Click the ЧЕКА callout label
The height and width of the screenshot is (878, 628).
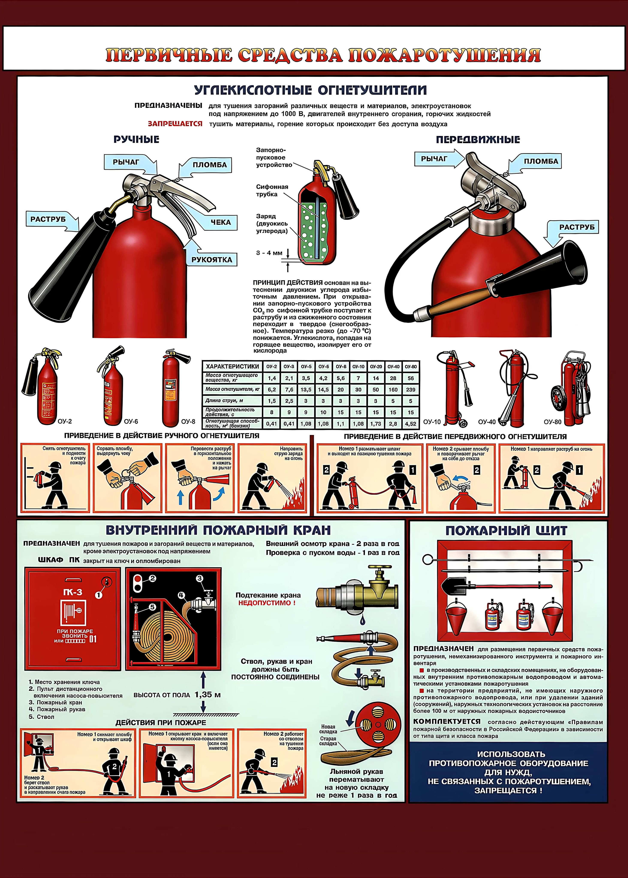[x=220, y=222]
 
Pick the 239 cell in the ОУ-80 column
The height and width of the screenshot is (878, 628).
[x=411, y=390]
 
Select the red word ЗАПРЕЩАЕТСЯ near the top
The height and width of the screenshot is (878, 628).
[x=175, y=124]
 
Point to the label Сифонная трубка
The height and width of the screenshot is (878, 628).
[x=272, y=190]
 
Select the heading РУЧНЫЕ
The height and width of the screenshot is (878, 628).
[x=136, y=140]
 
